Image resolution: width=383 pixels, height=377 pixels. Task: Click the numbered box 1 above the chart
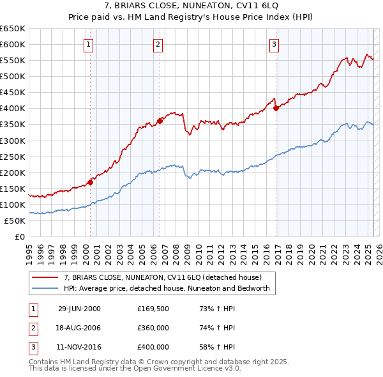(88, 44)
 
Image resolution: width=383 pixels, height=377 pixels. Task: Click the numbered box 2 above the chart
(158, 44)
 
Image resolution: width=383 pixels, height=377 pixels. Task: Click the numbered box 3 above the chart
(274, 44)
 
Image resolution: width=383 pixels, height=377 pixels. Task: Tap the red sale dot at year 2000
(91, 181)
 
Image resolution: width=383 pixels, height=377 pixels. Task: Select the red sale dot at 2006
(160, 120)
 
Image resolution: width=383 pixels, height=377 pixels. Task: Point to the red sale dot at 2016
(276, 108)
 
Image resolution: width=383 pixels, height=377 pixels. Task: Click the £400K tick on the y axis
(13, 108)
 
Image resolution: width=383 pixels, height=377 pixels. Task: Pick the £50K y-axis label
(15, 220)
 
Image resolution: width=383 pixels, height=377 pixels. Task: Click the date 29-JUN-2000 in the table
(79, 309)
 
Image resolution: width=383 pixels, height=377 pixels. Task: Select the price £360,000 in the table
(153, 328)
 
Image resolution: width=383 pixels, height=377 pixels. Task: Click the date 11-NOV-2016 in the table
(79, 347)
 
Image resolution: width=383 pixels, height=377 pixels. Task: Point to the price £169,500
(153, 309)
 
